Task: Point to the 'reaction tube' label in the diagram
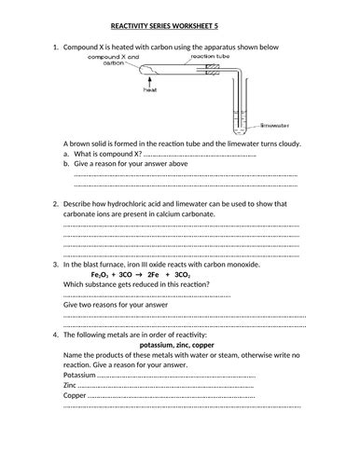[204, 57]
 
